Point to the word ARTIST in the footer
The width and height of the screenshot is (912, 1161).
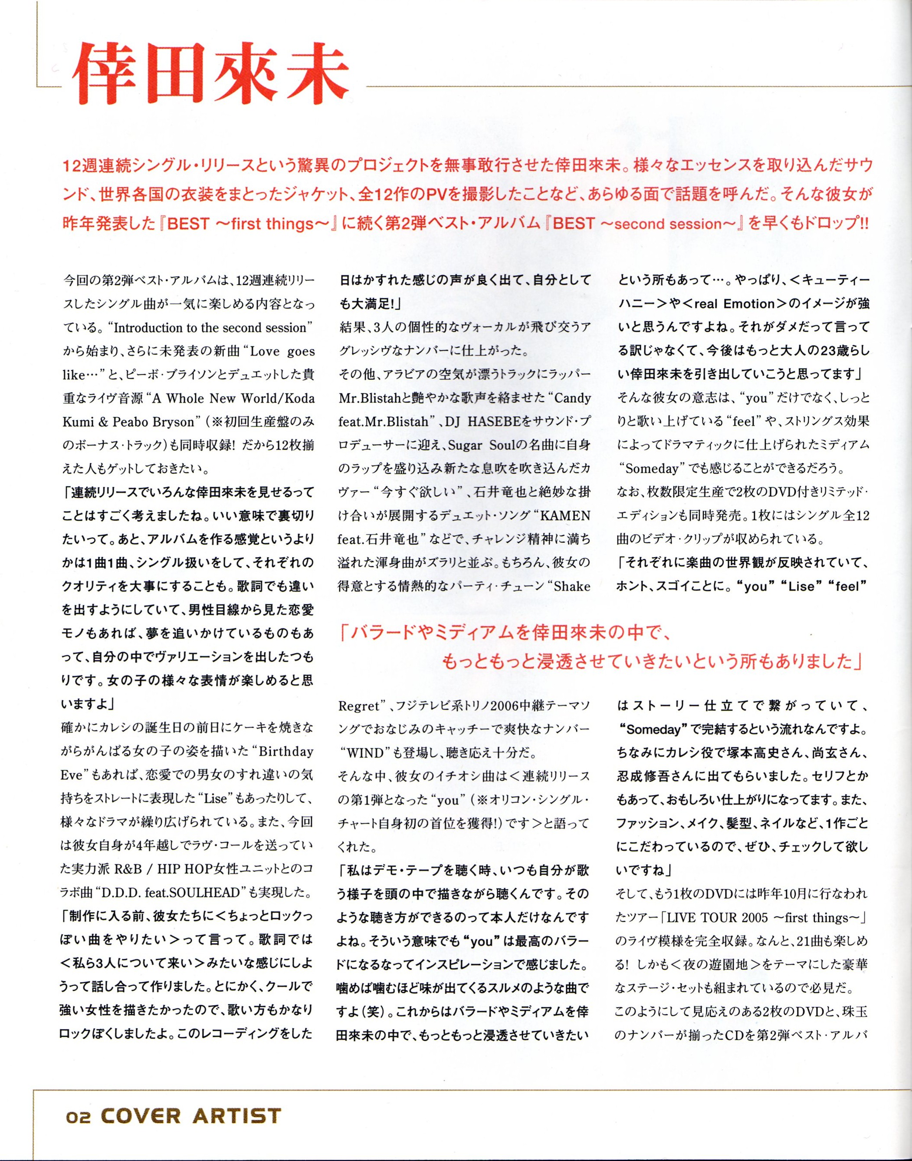pos(236,1116)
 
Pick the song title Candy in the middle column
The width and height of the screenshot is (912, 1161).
pos(572,398)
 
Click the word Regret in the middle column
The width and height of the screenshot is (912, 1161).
pos(358,706)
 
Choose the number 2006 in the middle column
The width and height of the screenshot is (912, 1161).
pos(507,706)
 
